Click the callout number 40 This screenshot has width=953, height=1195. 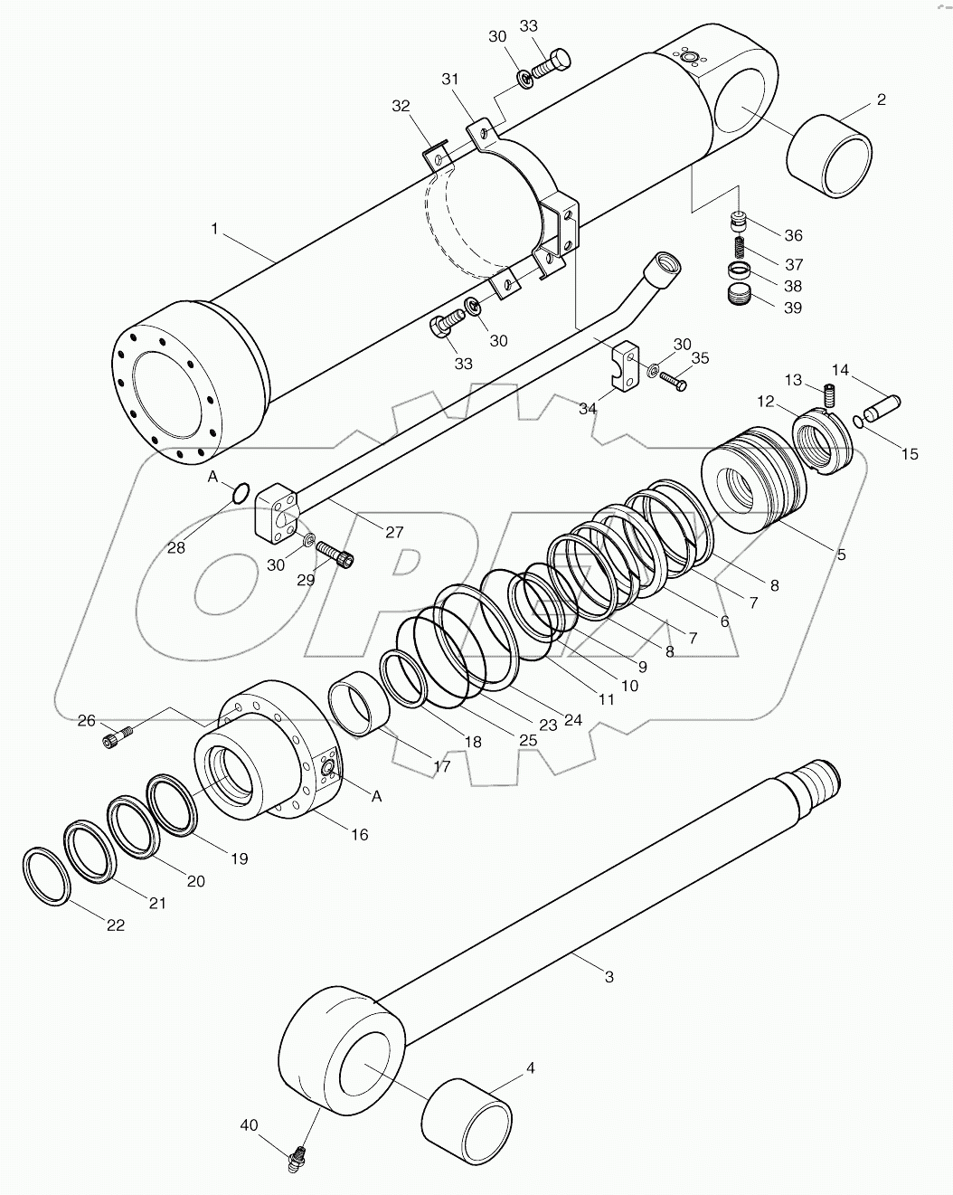[249, 1124]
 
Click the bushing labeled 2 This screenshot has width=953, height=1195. [828, 155]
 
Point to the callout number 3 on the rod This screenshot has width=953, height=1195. [609, 977]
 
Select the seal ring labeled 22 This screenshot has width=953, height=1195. [45, 876]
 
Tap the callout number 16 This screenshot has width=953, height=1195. [359, 834]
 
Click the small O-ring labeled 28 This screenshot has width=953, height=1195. [241, 493]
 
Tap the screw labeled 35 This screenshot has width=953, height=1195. [674, 380]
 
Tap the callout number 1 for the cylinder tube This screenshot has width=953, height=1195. [214, 230]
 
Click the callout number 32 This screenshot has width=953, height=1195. [401, 105]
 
